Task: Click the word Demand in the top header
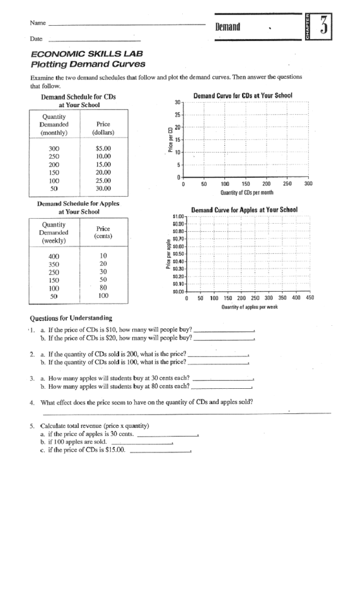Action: (x=227, y=27)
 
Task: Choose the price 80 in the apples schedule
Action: (x=103, y=288)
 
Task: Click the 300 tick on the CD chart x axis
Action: (x=308, y=183)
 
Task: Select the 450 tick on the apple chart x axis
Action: (x=309, y=298)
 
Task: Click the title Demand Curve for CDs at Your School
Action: (x=243, y=96)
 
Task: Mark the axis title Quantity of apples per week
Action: (x=249, y=307)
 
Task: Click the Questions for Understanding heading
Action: (x=70, y=318)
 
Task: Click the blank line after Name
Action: (x=127, y=25)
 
